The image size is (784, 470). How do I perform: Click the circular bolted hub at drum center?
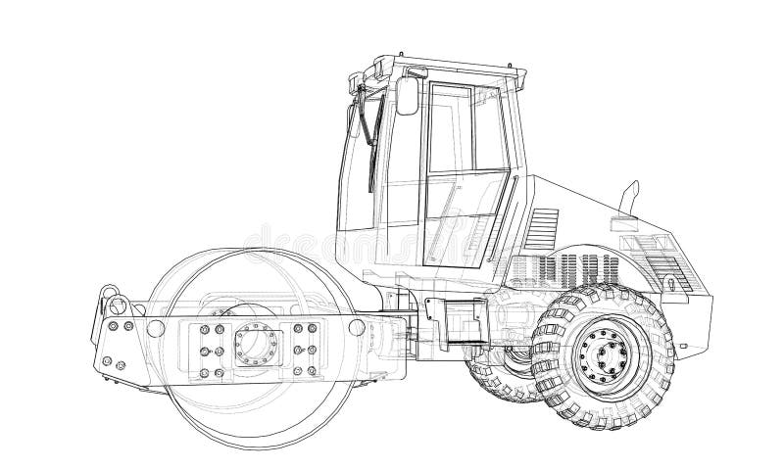pos(257,344)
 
